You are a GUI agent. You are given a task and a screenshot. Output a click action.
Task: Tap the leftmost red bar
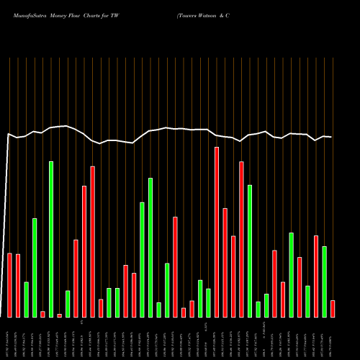10,285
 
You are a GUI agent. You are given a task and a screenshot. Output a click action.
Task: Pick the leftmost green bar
27,300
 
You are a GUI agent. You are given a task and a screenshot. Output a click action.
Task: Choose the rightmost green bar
325,282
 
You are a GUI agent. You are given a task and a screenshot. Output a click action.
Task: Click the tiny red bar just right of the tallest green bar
59,315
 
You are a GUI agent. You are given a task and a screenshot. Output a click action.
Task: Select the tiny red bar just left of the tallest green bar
42,314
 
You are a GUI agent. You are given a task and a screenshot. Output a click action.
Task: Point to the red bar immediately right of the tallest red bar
225,262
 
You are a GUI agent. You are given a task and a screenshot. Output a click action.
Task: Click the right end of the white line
331,137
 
